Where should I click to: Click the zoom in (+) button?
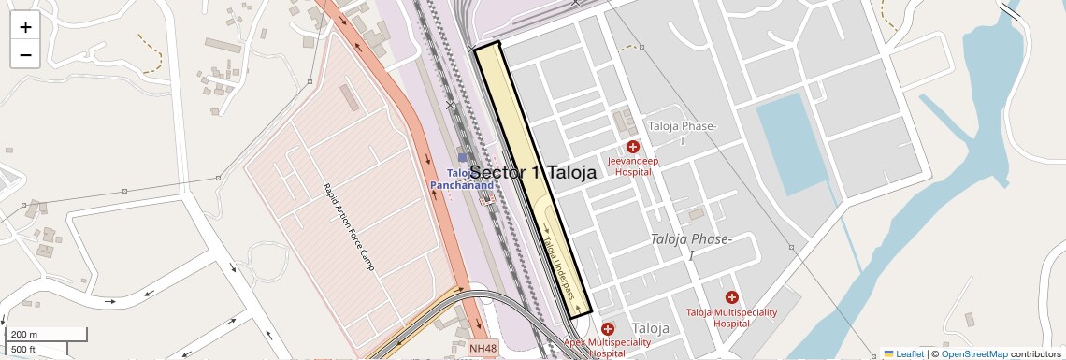coord(25,26)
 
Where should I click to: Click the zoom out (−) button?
coord(25,54)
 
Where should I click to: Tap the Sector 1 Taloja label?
coord(532,172)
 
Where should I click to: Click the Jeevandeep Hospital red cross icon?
coord(633,147)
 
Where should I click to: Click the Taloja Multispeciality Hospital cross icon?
coord(731,296)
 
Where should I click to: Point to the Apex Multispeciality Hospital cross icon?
coord(608,328)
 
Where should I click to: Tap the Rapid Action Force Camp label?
coord(349,227)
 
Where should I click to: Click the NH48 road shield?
coord(483,349)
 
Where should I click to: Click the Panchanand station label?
coord(462,186)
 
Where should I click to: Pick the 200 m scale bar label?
coord(24,334)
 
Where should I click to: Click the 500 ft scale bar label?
coord(23,350)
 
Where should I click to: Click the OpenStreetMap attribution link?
coord(973,353)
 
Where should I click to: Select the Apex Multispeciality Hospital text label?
coord(608,348)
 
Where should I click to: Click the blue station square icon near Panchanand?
coord(462,159)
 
